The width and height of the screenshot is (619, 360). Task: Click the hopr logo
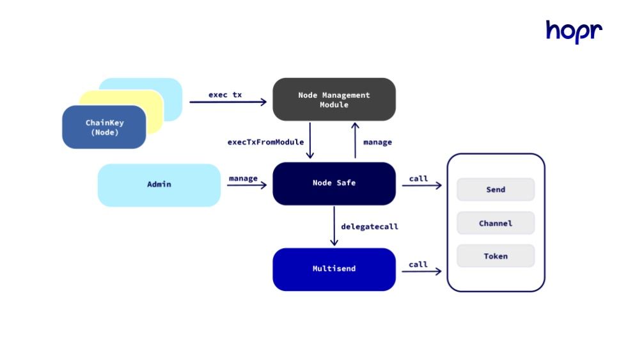(x=574, y=31)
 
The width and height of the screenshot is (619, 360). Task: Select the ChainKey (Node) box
(x=104, y=127)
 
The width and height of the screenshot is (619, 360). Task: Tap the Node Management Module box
(x=334, y=99)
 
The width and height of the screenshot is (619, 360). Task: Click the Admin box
(x=159, y=185)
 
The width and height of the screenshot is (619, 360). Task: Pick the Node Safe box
(x=334, y=184)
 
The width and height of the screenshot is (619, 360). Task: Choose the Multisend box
(x=334, y=269)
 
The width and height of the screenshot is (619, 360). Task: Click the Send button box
(x=495, y=189)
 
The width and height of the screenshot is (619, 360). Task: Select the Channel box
(x=495, y=223)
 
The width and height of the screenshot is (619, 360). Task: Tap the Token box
(x=495, y=256)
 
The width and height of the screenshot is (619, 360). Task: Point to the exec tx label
(x=225, y=95)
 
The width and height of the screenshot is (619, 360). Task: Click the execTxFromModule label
(x=265, y=142)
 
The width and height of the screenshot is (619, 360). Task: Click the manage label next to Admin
(x=243, y=178)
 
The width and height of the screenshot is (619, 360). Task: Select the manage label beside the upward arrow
(x=377, y=142)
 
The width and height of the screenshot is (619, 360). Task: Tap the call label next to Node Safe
(x=418, y=178)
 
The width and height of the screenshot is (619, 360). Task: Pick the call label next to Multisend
(x=418, y=264)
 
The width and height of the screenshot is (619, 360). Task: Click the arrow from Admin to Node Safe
(x=246, y=186)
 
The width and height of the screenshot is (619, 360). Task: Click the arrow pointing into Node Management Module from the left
(x=228, y=102)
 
